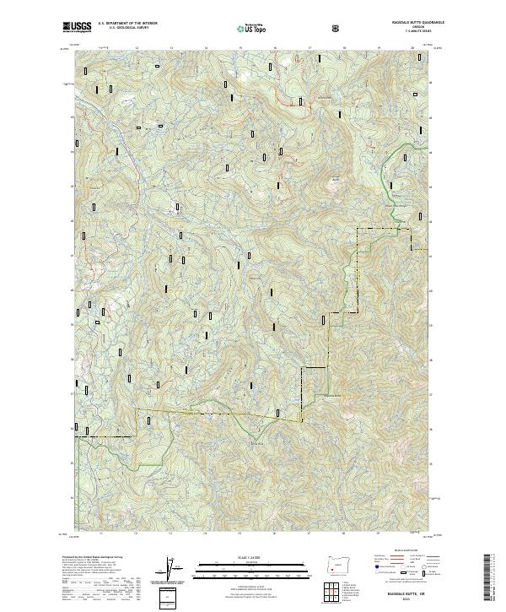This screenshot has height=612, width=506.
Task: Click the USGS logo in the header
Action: click(77, 28)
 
